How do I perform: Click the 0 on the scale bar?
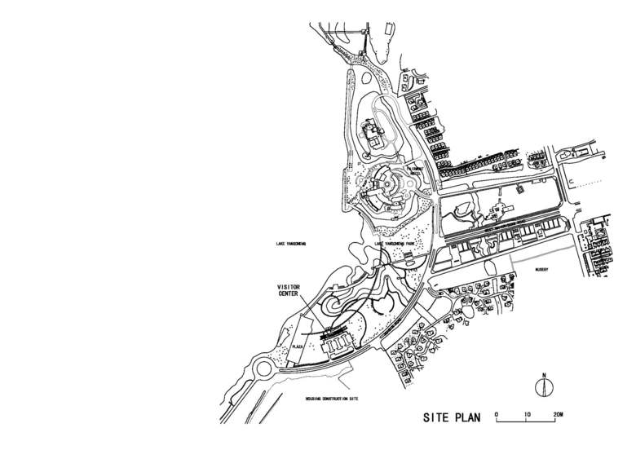click(497, 415)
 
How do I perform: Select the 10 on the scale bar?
click(528, 415)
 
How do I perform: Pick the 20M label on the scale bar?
click(558, 415)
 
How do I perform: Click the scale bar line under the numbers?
click(528, 421)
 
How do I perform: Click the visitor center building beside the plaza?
click(338, 343)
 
